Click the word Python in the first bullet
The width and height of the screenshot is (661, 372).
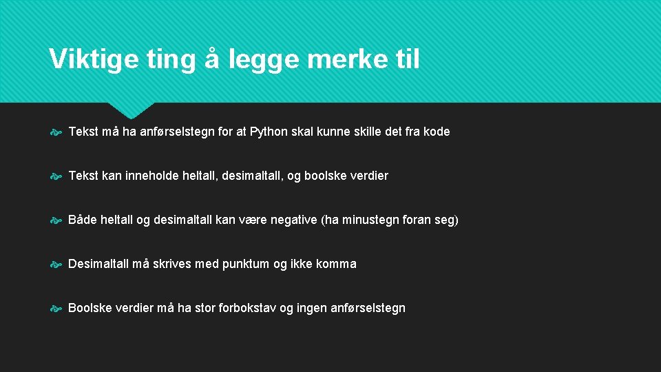tap(270, 132)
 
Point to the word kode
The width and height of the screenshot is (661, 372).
tap(436, 132)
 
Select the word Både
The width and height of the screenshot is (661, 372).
tap(82, 220)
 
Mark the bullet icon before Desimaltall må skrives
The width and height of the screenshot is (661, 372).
tap(56, 265)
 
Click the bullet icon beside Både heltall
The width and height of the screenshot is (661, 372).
tap(56, 220)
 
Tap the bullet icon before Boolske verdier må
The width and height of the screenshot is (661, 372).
tap(56, 309)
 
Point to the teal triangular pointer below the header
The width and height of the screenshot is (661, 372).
tap(132, 110)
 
